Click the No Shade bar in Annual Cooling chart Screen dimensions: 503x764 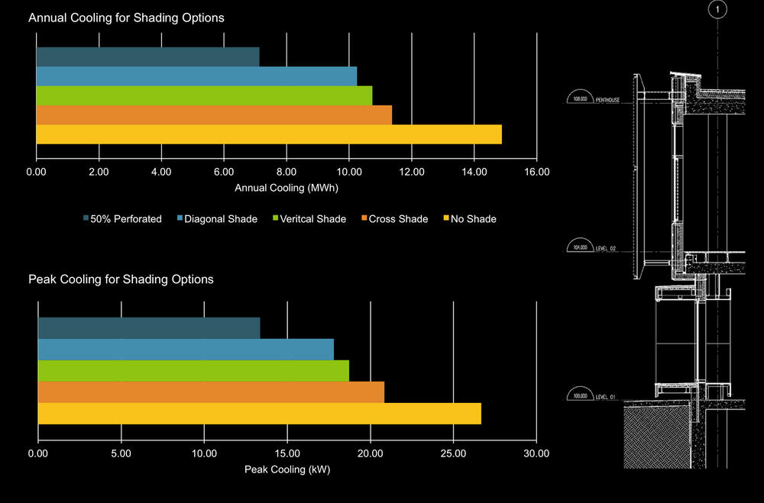coord(269,134)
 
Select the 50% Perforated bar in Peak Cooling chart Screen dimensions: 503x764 coord(149,328)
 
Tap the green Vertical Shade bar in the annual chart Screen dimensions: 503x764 coord(204,95)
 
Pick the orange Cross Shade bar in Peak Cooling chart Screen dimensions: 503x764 coord(211,392)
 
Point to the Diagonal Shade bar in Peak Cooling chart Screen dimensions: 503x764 coord(186,350)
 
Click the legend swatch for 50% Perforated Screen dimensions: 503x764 coord(86,219)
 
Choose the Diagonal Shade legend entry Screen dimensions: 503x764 coord(216,219)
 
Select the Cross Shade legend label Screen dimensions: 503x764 coord(398,219)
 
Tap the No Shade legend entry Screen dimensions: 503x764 coord(473,219)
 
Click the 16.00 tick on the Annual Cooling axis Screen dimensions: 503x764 coord(537,172)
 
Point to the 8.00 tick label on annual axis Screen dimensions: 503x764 coord(286,172)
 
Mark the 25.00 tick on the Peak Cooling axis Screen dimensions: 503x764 coord(453,453)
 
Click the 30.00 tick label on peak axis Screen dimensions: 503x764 coord(536,453)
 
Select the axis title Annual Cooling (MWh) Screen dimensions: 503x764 coord(286,188)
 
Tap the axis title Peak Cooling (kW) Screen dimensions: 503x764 coord(286,469)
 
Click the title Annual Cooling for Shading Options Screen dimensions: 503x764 coord(126,18)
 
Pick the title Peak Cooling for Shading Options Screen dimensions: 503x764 coord(121,279)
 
